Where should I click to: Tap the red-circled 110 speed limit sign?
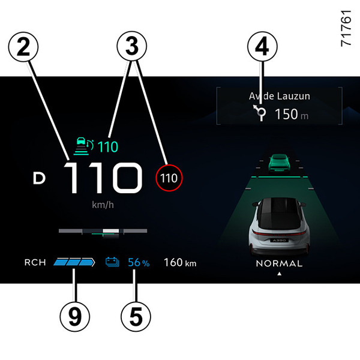(169, 178)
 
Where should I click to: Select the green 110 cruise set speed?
(109, 146)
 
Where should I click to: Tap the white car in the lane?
(279, 226)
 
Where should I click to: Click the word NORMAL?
(279, 263)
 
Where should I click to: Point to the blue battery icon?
(113, 262)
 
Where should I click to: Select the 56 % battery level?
(139, 262)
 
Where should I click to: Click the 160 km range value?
(180, 262)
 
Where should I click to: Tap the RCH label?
(35, 262)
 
